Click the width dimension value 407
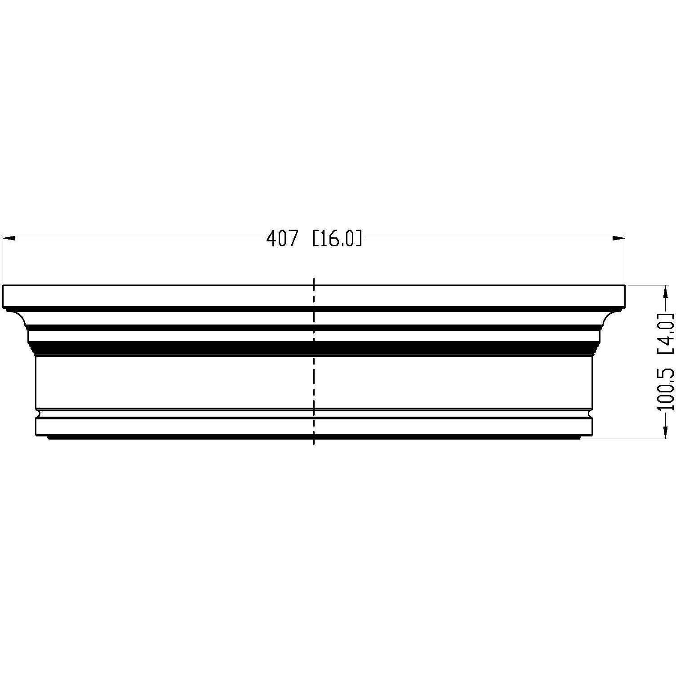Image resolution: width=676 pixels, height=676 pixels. [x=282, y=239]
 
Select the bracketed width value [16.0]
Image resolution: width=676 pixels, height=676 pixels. [x=337, y=239]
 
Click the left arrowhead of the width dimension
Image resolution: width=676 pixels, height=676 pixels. [x=8, y=239]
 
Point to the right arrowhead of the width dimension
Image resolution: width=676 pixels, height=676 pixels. [x=620, y=239]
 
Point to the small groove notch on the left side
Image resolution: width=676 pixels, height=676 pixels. [x=38, y=413]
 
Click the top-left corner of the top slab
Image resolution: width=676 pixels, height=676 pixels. [x=3, y=285]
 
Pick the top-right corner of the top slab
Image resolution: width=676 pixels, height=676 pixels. [x=625, y=285]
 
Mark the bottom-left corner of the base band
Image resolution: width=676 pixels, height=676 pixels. [x=36, y=435]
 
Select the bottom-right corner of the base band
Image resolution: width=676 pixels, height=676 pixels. [x=593, y=435]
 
